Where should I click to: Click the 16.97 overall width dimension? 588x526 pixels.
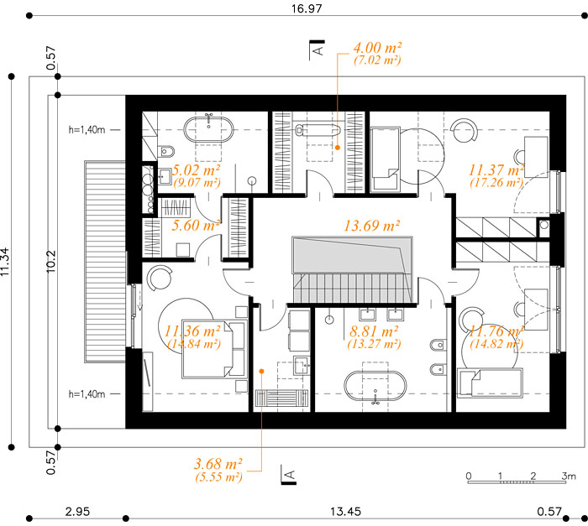click(x=307, y=8)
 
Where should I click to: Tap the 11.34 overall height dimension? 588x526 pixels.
click(x=5, y=262)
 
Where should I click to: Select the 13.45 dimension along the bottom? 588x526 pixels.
click(x=345, y=512)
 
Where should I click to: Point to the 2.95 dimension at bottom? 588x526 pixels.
click(x=77, y=512)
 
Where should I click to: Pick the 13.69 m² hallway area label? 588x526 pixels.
click(x=371, y=226)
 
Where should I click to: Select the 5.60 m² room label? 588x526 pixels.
click(x=196, y=225)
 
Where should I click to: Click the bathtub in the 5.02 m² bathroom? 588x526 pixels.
click(x=208, y=129)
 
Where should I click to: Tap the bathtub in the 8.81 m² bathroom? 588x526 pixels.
click(x=375, y=386)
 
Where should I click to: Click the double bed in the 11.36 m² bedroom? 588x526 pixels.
click(x=214, y=349)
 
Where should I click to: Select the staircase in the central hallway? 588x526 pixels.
click(x=353, y=270)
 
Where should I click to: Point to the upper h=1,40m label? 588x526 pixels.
click(x=87, y=130)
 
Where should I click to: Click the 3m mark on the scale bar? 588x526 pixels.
click(x=569, y=476)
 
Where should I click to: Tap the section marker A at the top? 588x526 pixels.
click(x=318, y=49)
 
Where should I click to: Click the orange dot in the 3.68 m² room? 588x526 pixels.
click(x=262, y=372)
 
